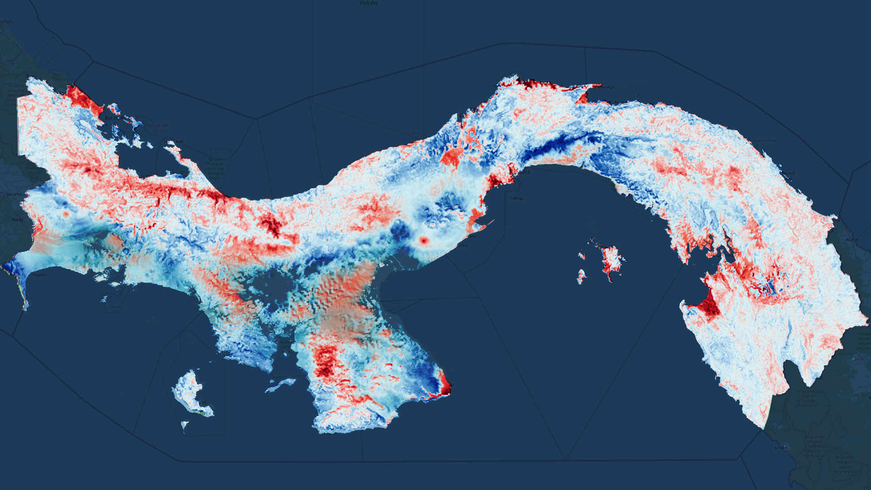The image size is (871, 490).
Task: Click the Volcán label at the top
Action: tap(368, 3)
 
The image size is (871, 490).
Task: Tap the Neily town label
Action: tap(18, 220)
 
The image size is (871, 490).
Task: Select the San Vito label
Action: tap(14, 194)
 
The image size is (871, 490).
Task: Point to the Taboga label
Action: tap(517, 198)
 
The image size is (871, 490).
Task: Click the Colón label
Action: tap(414, 133)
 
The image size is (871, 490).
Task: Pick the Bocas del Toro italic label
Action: tap(158, 128)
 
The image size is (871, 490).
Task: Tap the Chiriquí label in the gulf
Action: tap(117, 307)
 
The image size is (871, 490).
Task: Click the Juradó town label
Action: tap(781, 448)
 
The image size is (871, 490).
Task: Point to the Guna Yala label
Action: tap(765, 141)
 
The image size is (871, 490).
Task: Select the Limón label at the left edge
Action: tap(6, 21)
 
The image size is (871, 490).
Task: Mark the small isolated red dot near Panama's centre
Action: tap(424, 240)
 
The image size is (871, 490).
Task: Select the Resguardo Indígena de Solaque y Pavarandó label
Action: tap(806, 398)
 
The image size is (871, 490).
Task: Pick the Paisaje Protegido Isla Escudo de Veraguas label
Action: tap(215, 168)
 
